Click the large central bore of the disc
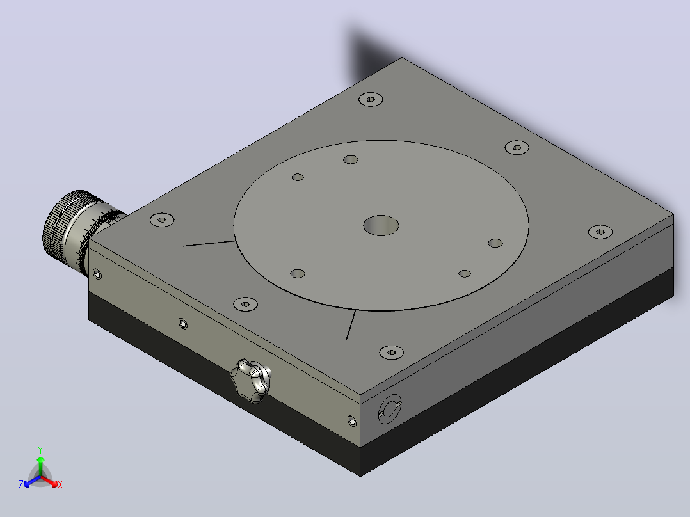click(x=381, y=225)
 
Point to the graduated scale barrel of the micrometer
click(x=95, y=235)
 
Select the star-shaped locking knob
click(x=252, y=381)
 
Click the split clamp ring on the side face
click(x=389, y=409)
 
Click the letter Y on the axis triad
click(x=40, y=450)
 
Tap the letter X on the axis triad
click(x=60, y=484)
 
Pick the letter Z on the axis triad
click(x=21, y=484)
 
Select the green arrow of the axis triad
click(x=40, y=466)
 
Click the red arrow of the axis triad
click(x=49, y=481)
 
